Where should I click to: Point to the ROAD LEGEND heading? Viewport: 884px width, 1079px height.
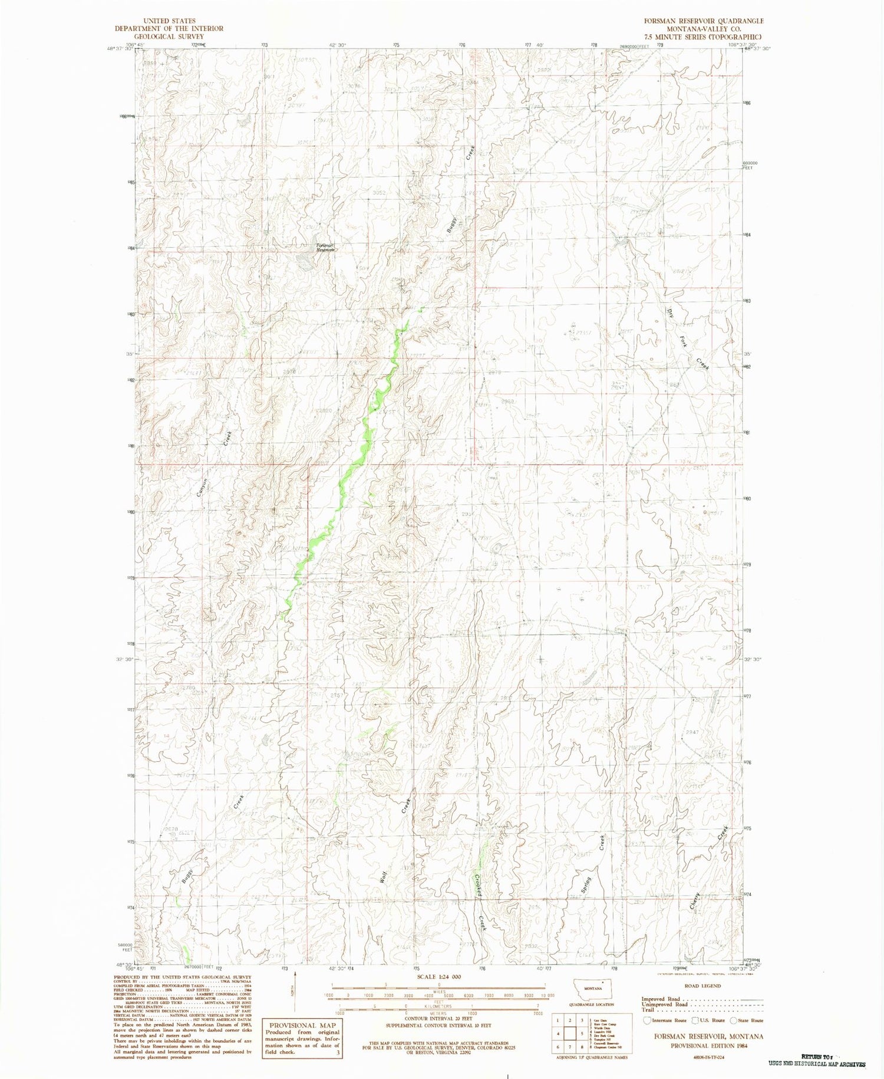tap(701, 986)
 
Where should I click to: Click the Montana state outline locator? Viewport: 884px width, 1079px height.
tap(593, 988)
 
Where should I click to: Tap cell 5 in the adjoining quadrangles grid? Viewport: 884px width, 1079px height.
tap(582, 1034)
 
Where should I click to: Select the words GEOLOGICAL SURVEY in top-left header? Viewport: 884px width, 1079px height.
tap(169, 36)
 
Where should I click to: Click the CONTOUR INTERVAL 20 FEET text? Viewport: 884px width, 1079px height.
tap(437, 1018)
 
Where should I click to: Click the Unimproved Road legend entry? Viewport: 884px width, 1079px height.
tap(664, 1004)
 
